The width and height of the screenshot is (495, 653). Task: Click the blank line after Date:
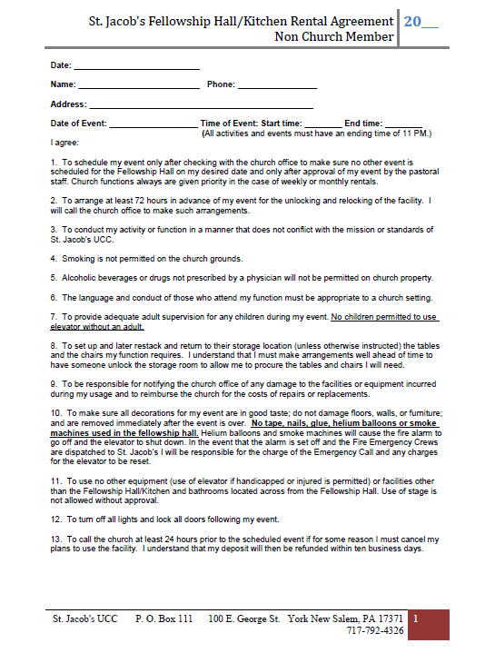[135, 68]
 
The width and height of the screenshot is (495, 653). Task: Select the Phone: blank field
[277, 87]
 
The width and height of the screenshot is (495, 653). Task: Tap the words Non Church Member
[334, 36]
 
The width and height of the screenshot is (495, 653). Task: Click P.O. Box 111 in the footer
[163, 619]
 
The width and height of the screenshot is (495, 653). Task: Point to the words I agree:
[65, 143]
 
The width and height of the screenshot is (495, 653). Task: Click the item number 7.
[54, 317]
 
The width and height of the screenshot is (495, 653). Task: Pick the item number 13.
[55, 539]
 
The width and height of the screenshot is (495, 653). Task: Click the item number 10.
[55, 413]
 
